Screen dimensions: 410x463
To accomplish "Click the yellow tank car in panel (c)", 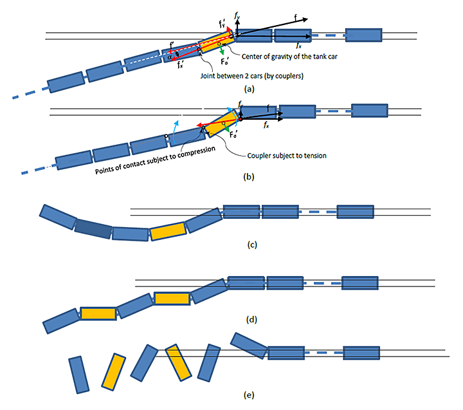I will click(168, 230).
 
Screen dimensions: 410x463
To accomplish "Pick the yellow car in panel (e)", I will click(113, 371).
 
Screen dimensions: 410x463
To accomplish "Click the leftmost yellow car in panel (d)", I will click(98, 313).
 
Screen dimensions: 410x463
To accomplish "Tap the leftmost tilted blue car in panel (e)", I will click(77, 372).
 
